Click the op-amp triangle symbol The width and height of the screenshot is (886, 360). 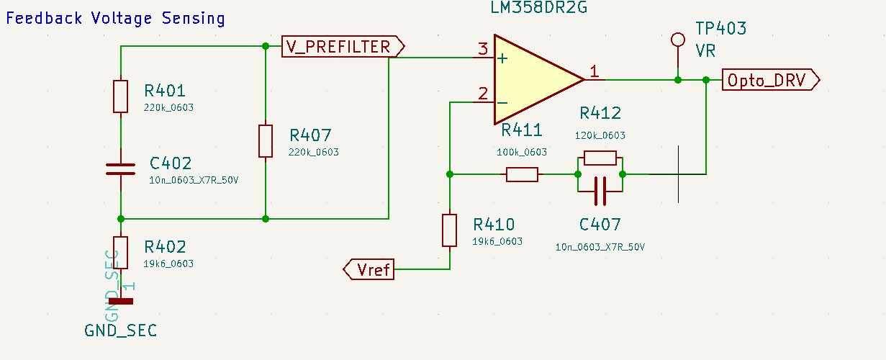click(x=533, y=78)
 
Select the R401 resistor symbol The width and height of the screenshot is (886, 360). click(x=120, y=96)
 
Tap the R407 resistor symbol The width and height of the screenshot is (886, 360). click(x=266, y=140)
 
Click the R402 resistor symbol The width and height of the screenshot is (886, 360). click(x=120, y=252)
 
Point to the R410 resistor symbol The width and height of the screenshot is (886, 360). click(x=450, y=230)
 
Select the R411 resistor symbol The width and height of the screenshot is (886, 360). click(x=522, y=174)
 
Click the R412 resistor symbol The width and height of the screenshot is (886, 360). click(x=600, y=158)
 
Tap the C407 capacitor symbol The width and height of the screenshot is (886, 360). click(x=600, y=190)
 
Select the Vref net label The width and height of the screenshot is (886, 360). click(x=370, y=270)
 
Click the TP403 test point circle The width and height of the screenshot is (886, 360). click(x=677, y=39)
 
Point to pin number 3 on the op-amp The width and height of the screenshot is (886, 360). click(x=482, y=50)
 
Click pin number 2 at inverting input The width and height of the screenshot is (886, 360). click(x=482, y=94)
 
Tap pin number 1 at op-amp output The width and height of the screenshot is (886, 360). click(x=594, y=71)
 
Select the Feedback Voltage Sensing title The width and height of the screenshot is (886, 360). click(x=115, y=18)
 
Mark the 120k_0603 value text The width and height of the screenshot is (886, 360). click(x=600, y=135)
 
